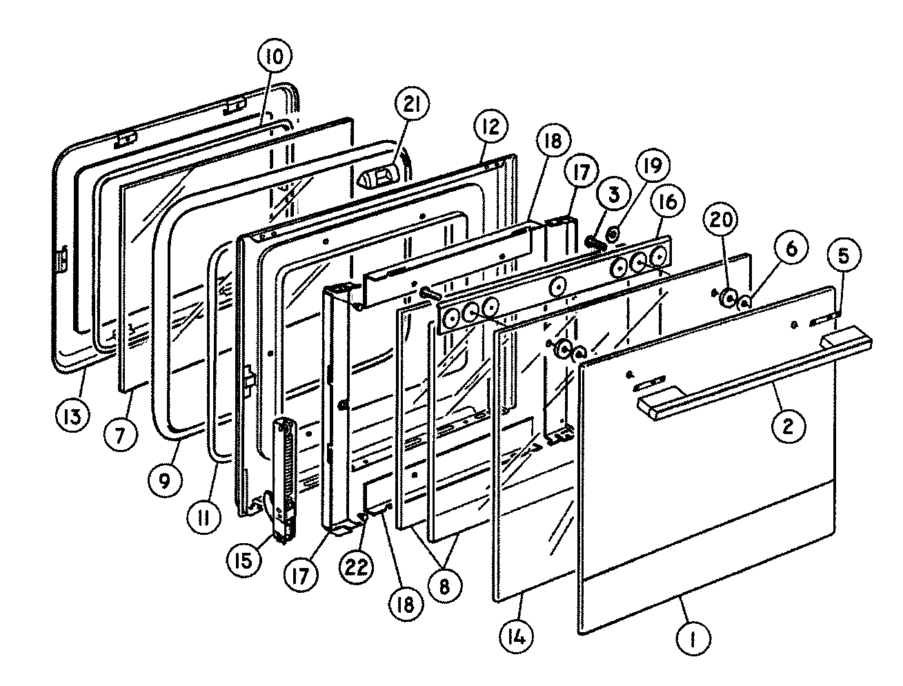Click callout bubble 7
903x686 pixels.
(123, 433)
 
